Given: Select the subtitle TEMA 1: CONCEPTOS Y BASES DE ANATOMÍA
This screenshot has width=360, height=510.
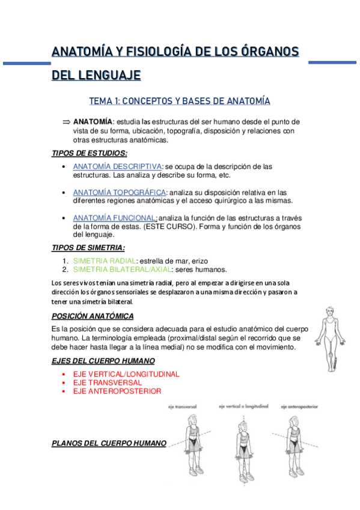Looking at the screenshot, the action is coord(180,100).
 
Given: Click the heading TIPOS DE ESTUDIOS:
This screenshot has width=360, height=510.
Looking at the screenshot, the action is coord(90,153).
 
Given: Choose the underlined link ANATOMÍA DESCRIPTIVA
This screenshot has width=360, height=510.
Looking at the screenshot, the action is coord(117,166).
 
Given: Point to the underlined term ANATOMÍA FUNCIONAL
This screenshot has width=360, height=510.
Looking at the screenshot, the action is coord(115,218).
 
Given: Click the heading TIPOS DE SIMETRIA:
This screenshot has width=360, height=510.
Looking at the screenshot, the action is coord(88,248).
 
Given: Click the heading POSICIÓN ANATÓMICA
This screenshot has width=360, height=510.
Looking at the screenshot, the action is coord(93,316).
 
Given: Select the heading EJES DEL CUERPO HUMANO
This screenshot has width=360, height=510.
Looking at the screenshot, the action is coord(103,361).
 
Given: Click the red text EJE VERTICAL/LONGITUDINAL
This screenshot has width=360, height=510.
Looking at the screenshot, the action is coord(126,374).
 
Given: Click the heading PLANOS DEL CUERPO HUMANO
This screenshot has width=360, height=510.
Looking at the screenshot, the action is coord(109,443).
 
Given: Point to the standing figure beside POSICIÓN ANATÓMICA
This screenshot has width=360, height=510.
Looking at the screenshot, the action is coord(329,337).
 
